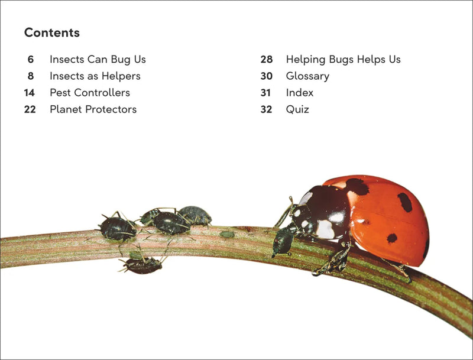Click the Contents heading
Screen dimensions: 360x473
click(x=52, y=33)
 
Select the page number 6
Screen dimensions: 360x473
click(x=31, y=60)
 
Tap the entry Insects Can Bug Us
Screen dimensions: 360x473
click(x=98, y=60)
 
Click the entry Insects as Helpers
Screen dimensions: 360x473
click(x=95, y=76)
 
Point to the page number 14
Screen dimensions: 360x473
click(x=30, y=93)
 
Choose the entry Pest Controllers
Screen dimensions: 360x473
click(x=89, y=93)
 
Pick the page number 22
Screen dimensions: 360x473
click(x=30, y=109)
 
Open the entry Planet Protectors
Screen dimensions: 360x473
click(x=93, y=109)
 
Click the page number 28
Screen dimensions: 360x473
click(x=266, y=60)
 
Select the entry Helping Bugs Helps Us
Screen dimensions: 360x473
click(x=343, y=60)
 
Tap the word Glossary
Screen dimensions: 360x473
click(x=307, y=76)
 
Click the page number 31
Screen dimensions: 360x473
click(x=266, y=93)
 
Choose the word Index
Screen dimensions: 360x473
click(x=300, y=93)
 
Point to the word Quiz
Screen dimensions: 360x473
click(x=297, y=109)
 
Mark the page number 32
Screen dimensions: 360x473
click(x=266, y=109)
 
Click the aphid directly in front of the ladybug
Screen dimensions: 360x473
click(x=283, y=241)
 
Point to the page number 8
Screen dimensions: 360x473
click(x=31, y=76)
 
